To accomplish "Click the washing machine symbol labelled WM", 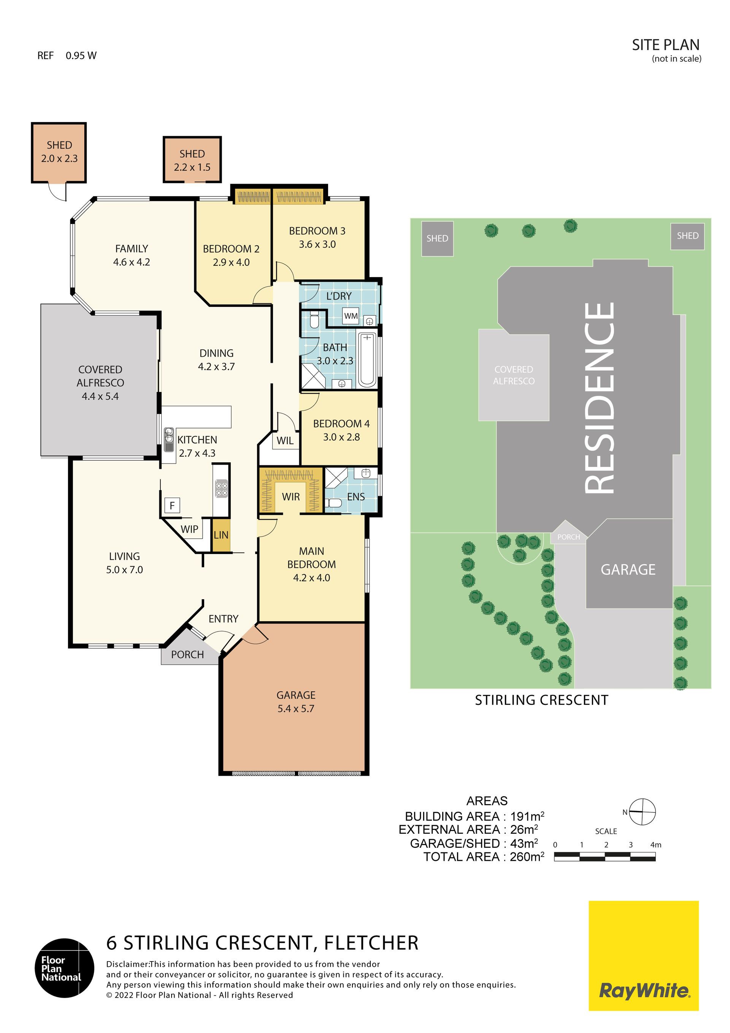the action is [351, 316].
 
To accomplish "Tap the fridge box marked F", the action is [172, 505].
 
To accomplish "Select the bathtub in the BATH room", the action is [367, 360].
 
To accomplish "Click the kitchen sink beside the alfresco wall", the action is [169, 440].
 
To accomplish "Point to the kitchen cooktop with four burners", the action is [221, 488].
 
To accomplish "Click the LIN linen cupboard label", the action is [221, 535].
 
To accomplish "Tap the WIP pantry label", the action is [189, 529].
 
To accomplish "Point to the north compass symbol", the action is [642, 812].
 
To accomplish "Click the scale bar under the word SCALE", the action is [605, 857].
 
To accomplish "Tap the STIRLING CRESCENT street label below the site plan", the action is [541, 700].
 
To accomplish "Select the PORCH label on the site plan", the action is [568, 537].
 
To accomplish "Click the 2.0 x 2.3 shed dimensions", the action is [59, 159].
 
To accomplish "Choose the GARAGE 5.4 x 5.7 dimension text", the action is [296, 709].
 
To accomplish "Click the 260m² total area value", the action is [527, 856].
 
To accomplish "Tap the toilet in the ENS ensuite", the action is [333, 503].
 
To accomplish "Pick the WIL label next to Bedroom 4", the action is [285, 441].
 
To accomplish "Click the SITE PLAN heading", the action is [666, 45].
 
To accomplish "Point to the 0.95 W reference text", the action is [81, 56].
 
